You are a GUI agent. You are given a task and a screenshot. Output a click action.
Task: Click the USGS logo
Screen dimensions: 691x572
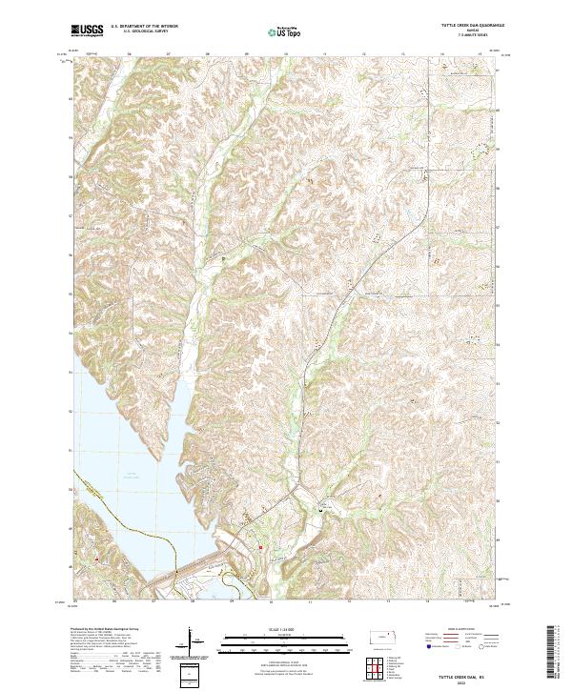pos(87,30)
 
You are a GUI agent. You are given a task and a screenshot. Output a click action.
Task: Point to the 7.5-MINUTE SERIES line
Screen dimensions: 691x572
pos(464,38)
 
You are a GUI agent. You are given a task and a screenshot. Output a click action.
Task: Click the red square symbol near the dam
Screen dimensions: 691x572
pos(259,546)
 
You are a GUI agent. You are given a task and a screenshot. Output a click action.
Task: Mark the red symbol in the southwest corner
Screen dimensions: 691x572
pos(96,559)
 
